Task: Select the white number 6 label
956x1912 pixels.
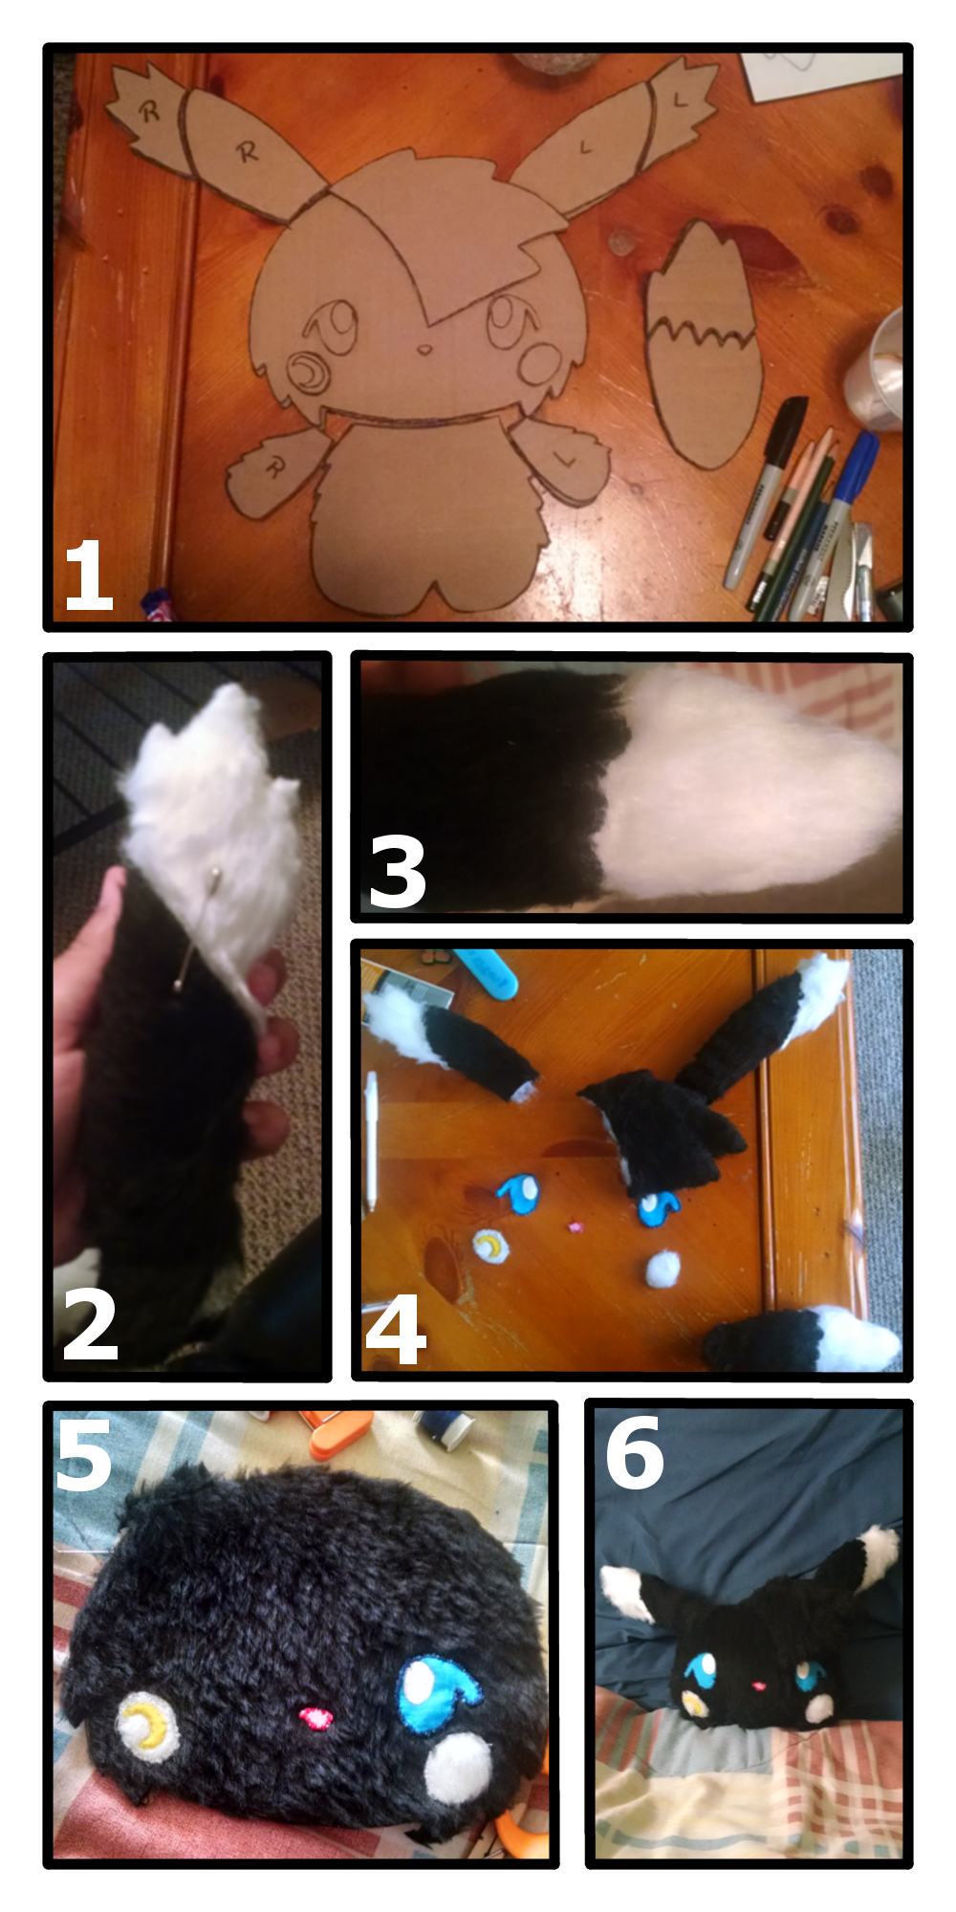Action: point(634,1452)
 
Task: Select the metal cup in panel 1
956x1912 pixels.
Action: point(878,368)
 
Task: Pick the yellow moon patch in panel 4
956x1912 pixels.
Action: point(491,1246)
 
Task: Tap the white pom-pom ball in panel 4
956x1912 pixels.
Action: point(662,1269)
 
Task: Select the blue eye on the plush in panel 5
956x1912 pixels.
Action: point(435,1698)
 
